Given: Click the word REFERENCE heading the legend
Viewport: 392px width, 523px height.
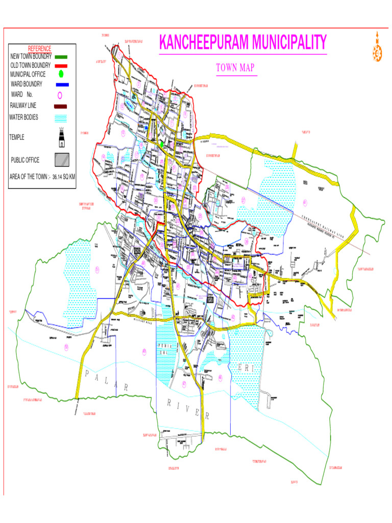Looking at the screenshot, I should (x=39, y=48).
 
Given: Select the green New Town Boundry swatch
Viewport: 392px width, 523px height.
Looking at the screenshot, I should (x=61, y=57).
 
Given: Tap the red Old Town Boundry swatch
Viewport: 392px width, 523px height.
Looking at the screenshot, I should (x=61, y=66).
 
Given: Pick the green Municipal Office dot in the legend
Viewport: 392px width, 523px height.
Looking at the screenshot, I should (x=61, y=75).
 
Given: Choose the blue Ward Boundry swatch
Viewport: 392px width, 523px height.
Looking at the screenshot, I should (x=62, y=84).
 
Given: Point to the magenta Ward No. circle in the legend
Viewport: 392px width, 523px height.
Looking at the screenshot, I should (x=59, y=95).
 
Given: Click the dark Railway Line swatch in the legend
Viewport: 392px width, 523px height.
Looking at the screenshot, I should (x=60, y=106).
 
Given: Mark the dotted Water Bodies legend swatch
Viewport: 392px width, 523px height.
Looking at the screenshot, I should (x=61, y=118).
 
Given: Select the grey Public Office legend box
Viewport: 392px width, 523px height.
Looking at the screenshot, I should (x=62, y=160).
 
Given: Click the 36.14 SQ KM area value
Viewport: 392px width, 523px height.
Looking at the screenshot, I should (x=64, y=177).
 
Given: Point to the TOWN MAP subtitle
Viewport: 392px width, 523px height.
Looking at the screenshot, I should (x=235, y=68).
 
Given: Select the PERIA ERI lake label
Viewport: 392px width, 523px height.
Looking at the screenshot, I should (x=162, y=349).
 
